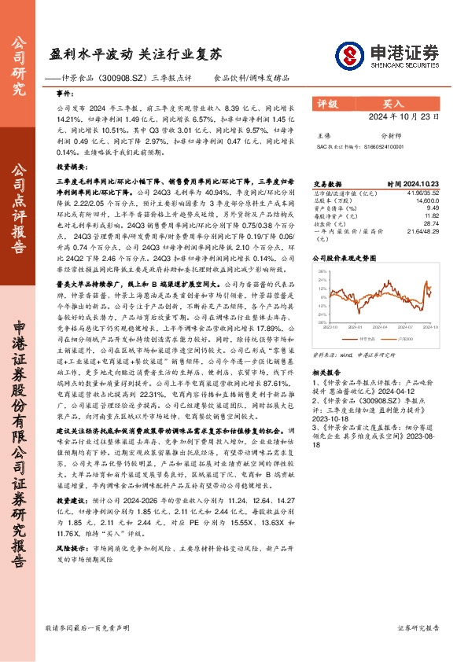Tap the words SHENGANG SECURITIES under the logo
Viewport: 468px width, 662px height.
pyautogui.click(x=409, y=65)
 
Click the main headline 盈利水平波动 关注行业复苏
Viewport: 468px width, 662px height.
pyautogui.click(x=135, y=54)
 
